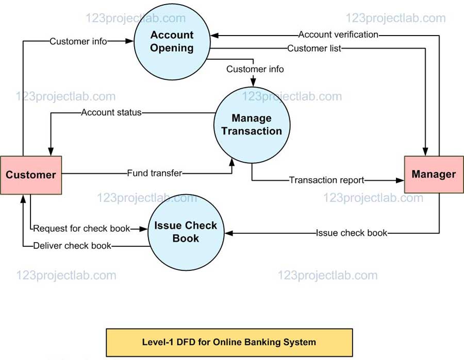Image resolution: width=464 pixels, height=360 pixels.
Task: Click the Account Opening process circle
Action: point(172,42)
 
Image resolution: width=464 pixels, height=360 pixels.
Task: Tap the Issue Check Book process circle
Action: point(186,232)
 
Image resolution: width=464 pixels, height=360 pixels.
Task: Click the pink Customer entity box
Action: point(31,175)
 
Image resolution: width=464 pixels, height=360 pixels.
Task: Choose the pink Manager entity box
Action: point(434,174)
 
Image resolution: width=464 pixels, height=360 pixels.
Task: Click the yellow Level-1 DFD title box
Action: point(229,342)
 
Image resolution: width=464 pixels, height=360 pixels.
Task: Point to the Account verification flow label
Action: point(338,35)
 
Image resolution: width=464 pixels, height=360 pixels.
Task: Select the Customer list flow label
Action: point(314,48)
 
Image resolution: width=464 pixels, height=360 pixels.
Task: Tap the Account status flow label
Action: point(111,112)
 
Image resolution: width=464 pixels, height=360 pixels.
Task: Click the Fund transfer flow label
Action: point(155,173)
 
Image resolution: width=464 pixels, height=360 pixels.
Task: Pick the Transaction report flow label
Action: point(326,180)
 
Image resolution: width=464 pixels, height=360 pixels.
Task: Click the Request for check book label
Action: point(81,228)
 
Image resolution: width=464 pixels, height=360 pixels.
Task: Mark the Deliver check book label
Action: point(72,246)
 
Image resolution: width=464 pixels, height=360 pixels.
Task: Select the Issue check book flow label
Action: point(351,233)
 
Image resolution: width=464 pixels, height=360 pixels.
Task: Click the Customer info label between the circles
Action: point(255,69)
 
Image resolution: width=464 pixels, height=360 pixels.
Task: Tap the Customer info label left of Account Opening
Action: point(78,42)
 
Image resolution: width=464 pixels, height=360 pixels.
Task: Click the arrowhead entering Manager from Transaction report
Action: point(401,180)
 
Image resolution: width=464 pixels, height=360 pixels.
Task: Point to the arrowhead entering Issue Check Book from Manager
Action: point(229,233)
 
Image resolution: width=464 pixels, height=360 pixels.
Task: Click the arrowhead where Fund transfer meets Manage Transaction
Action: point(231,162)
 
